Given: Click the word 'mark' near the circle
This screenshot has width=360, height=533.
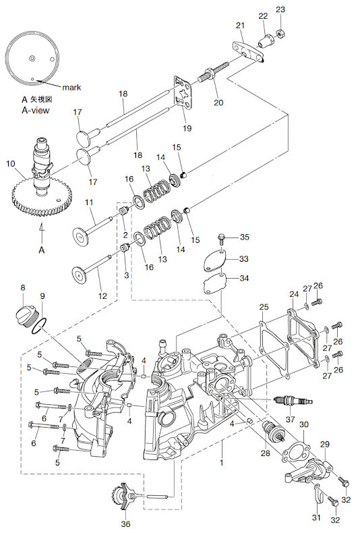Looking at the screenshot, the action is [x=71, y=87].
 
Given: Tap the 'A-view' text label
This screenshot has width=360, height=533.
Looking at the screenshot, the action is [x=36, y=110].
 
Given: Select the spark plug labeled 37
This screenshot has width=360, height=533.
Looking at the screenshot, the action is [x=293, y=401].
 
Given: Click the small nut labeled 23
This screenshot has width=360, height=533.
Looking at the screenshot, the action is [x=281, y=34].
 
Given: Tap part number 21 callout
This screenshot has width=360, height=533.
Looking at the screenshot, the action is [x=241, y=25].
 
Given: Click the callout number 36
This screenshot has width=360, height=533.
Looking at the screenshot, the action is [x=125, y=524].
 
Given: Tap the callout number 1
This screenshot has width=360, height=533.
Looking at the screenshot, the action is [x=222, y=463].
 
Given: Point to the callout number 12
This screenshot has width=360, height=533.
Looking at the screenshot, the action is [x=102, y=296].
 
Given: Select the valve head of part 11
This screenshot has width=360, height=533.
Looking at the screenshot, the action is [x=81, y=237].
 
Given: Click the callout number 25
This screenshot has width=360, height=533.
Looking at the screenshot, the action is [x=264, y=307].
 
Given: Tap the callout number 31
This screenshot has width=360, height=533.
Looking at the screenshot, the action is [x=316, y=517].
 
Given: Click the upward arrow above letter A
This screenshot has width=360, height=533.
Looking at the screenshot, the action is [x=41, y=232].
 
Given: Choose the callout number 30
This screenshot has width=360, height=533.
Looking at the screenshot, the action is [x=304, y=424].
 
